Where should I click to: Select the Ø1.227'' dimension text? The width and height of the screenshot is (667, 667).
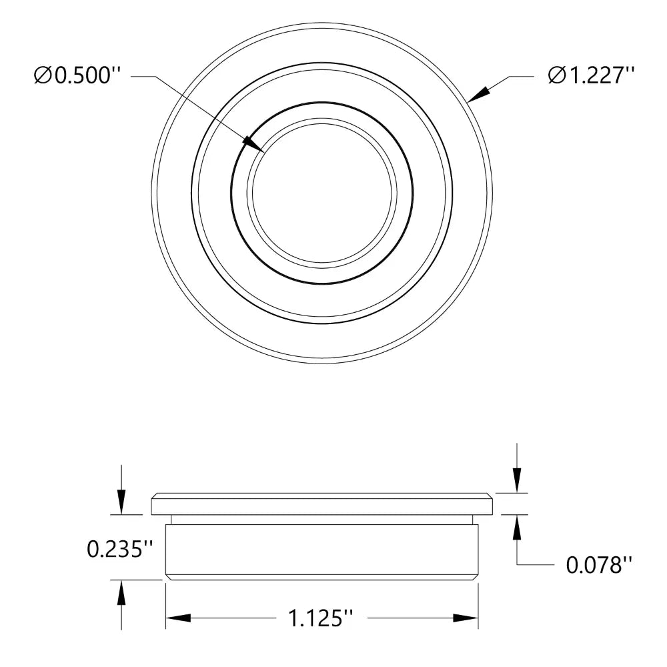(x=590, y=76)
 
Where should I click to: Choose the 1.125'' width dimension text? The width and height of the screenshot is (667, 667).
(x=321, y=618)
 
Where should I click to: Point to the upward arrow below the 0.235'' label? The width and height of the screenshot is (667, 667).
(x=121, y=593)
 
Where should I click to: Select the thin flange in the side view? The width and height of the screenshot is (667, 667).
(x=322, y=504)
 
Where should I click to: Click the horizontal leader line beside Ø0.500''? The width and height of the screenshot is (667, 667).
(x=143, y=77)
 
